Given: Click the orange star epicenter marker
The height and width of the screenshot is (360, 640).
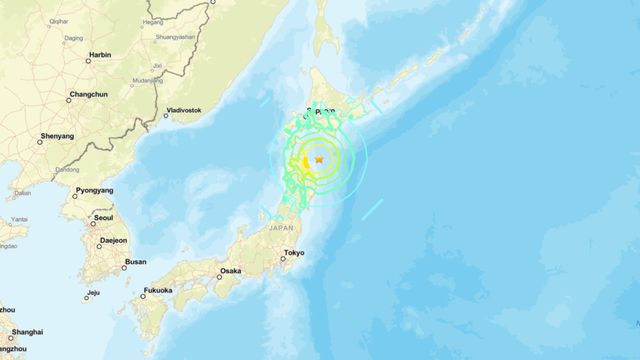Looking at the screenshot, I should (319, 160).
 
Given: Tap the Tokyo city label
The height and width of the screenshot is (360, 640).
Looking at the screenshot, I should (294, 254).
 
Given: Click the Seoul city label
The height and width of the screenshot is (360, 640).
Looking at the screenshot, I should (103, 217).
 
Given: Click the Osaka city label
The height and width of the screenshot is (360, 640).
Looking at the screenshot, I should (230, 271).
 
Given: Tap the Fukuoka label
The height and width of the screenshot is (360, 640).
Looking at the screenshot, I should (158, 291).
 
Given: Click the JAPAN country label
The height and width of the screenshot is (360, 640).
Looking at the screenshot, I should (282, 229).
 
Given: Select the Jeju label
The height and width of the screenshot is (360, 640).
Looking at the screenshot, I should (93, 293).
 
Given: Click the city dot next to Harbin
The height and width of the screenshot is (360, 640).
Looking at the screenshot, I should (87, 60).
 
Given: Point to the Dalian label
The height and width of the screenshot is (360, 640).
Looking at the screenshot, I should (23, 193).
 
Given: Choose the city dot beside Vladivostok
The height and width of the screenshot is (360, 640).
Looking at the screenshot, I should (162, 112).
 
